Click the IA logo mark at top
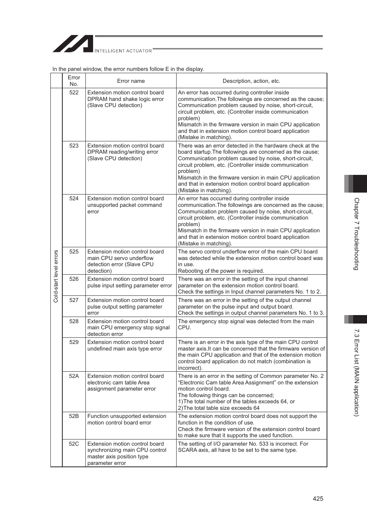coord(73,44)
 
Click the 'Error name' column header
coord(131,81)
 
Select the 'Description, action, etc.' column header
coord(251,81)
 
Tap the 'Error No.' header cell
coord(74,81)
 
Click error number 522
coord(74,92)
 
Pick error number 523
coord(74,146)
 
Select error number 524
coord(74,198)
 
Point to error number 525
coord(74,252)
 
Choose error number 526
coord(74,279)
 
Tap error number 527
coord(74,300)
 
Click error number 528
coord(74,321)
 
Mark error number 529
coord(74,342)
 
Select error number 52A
coord(74,376)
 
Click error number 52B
coord(74,416)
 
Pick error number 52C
coord(74,444)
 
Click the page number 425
coord(318,498)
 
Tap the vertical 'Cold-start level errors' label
coord(56,276)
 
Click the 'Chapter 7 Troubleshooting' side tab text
coord(356,234)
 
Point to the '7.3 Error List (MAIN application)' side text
coord(356,372)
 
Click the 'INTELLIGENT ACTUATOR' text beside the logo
coord(123,51)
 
